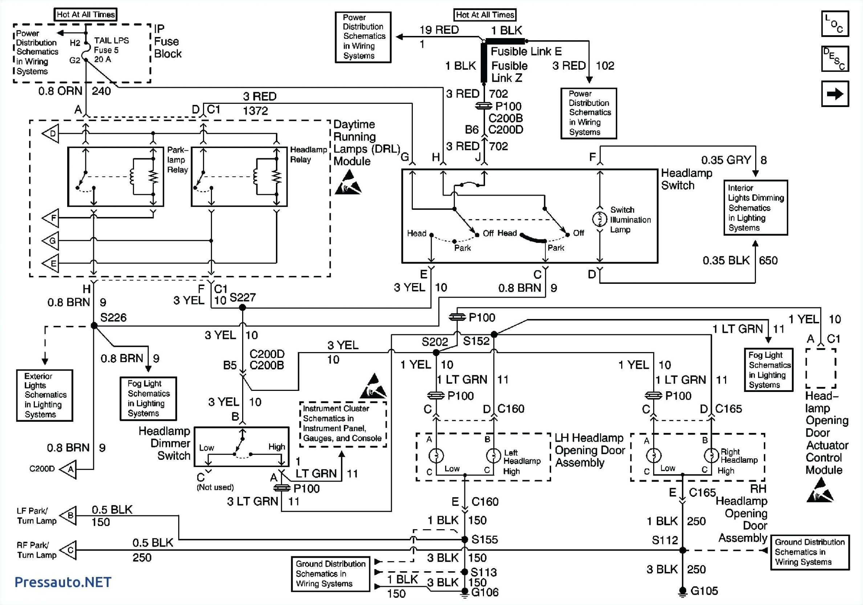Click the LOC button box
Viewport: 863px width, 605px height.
(835, 24)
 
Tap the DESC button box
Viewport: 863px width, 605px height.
(835, 59)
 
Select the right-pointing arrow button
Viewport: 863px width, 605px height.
(835, 94)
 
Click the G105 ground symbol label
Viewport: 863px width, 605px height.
(704, 591)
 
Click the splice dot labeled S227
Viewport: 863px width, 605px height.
(243, 308)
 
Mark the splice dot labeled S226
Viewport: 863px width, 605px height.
(94, 326)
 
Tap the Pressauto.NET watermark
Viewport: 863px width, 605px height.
(63, 582)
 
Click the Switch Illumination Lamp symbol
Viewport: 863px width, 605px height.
(599, 219)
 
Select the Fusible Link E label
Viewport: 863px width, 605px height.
(526, 51)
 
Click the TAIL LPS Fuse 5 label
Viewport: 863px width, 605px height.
(111, 50)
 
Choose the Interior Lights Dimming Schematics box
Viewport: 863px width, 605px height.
(756, 208)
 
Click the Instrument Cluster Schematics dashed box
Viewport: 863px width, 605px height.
(343, 424)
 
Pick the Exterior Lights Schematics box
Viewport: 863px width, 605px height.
(44, 395)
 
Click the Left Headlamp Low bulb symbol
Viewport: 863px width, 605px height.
(436, 455)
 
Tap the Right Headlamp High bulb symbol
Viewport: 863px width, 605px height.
(711, 455)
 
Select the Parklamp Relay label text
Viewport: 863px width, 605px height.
(178, 160)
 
